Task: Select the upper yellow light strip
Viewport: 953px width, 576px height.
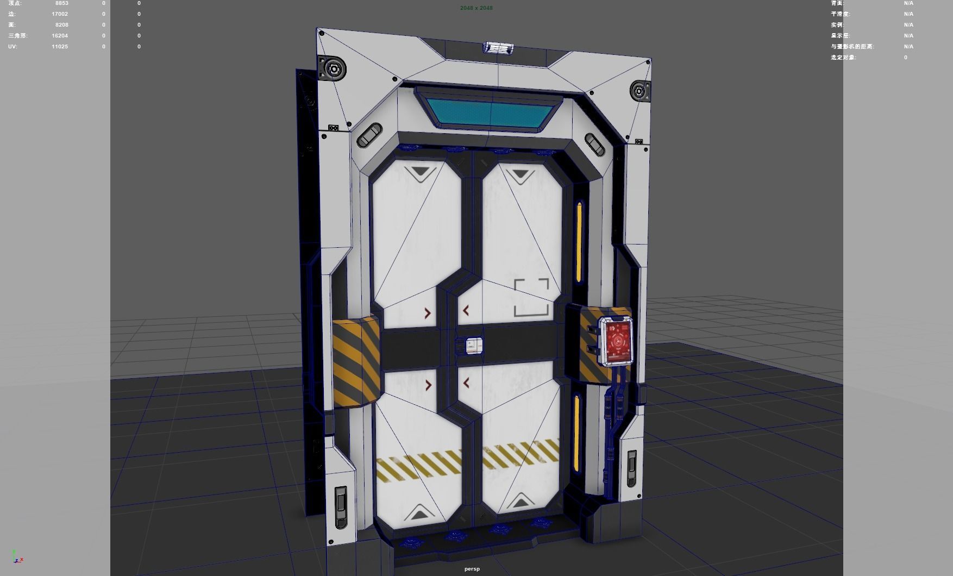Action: (579, 242)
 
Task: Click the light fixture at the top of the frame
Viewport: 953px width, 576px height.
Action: (498, 48)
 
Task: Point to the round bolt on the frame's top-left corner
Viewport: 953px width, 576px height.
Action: (332, 69)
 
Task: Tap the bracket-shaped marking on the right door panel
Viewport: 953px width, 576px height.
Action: (531, 297)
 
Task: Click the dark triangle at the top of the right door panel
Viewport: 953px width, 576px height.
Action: (519, 175)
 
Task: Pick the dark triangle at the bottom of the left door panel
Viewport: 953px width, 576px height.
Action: (418, 512)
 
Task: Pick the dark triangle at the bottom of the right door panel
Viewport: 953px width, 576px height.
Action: (521, 501)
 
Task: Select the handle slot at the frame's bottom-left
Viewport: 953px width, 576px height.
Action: (341, 506)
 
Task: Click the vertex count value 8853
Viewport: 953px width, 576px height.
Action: (61, 3)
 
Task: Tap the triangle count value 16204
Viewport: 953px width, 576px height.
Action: (60, 36)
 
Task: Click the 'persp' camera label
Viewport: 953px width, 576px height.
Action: (472, 569)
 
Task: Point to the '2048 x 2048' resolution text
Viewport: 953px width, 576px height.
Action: (476, 8)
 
